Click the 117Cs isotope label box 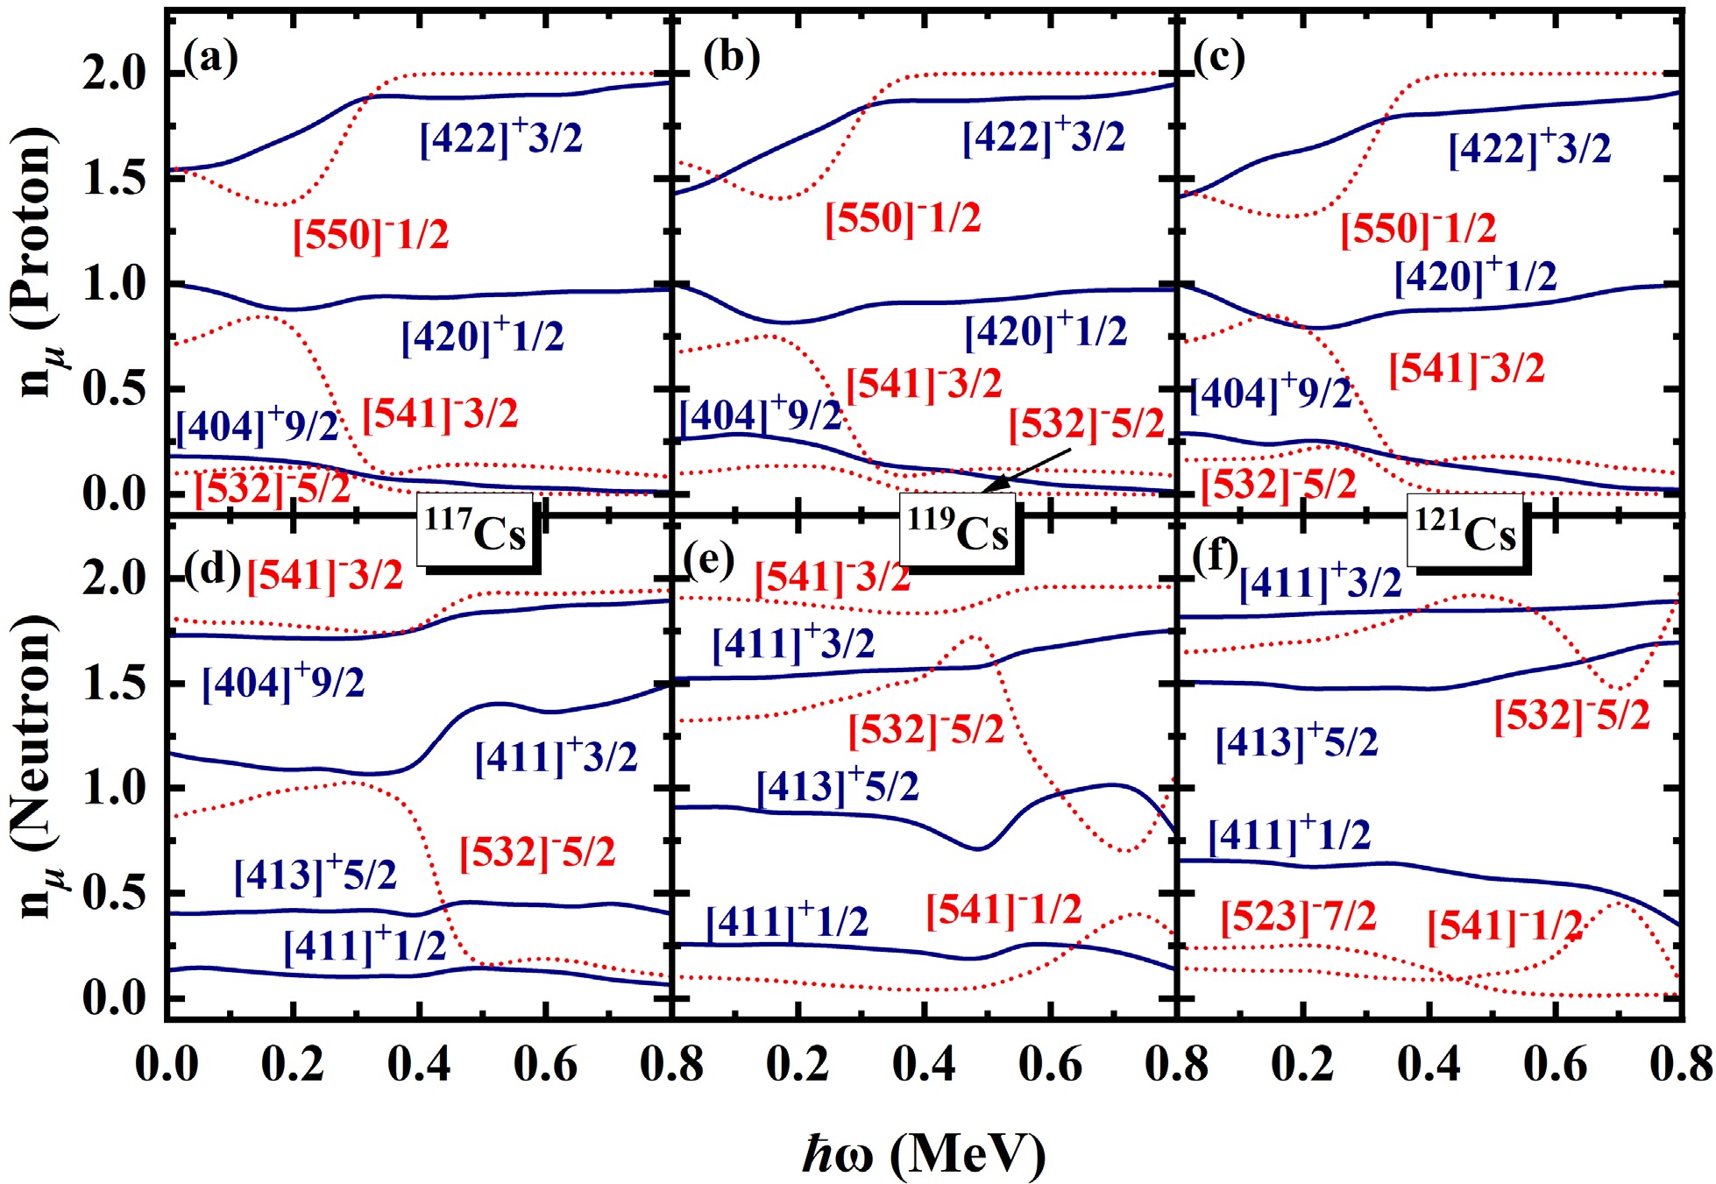pos(475,531)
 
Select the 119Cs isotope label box pos(957,531)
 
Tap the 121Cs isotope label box pos(1464,531)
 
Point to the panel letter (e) pos(709,559)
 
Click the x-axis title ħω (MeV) pos(925,1153)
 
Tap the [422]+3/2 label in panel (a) pos(500,138)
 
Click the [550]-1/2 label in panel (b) pos(903,217)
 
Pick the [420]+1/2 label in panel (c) pos(1475,276)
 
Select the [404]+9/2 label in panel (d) pos(283,682)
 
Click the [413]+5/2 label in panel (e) pos(837,785)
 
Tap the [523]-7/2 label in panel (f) pos(1298,917)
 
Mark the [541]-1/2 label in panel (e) pos(1003,910)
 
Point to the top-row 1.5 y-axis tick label pos(114,179)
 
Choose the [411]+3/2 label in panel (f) pos(1320,583)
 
